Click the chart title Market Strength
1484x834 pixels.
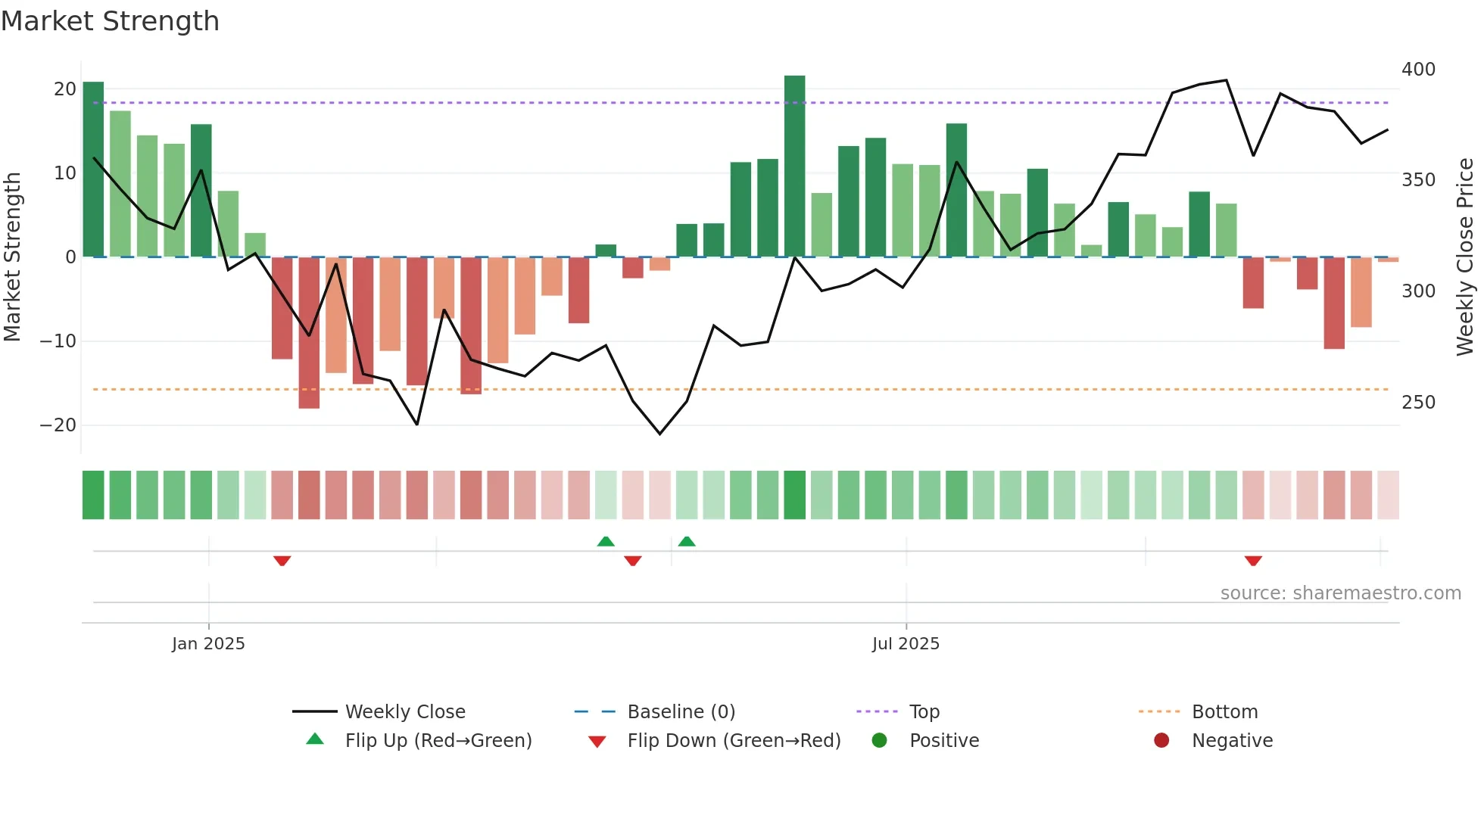pyautogui.click(x=111, y=21)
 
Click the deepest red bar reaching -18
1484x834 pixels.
pyautogui.click(x=309, y=333)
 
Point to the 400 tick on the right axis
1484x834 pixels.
pyautogui.click(x=1418, y=70)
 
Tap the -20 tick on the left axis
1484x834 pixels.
pyautogui.click(x=58, y=425)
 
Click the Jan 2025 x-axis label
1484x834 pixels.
pyautogui.click(x=208, y=644)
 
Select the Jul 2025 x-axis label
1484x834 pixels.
pyautogui.click(x=906, y=644)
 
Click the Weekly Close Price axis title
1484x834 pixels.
pyautogui.click(x=1465, y=257)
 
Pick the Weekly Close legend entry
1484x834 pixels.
pyautogui.click(x=405, y=712)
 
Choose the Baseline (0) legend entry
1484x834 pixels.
pyautogui.click(x=681, y=712)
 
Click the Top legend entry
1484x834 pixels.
pyautogui.click(x=924, y=712)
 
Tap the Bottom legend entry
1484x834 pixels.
pyautogui.click(x=1224, y=712)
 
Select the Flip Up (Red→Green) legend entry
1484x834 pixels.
pyautogui.click(x=438, y=741)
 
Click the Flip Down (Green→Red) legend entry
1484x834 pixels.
pyautogui.click(x=734, y=741)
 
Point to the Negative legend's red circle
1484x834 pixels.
pyautogui.click(x=1161, y=741)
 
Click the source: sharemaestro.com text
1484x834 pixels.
pyautogui.click(x=1340, y=593)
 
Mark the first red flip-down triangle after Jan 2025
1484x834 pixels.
pyautogui.click(x=282, y=561)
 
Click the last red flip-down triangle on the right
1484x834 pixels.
pyautogui.click(x=1253, y=561)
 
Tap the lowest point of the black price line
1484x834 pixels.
pyautogui.click(x=659, y=434)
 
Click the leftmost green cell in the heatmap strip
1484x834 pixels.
pyautogui.click(x=93, y=495)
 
